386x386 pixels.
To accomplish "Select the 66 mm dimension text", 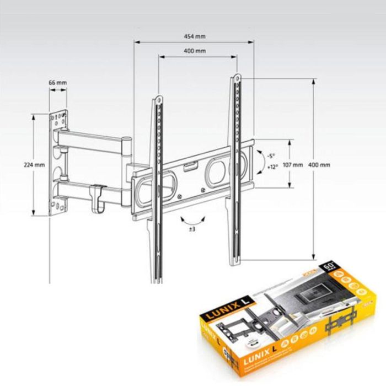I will (58, 83).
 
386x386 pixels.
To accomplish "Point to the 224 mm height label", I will (34, 164).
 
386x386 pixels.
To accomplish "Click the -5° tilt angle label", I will (270, 156).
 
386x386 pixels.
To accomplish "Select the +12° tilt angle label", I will (271, 167).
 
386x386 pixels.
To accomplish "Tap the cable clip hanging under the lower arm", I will (98, 197).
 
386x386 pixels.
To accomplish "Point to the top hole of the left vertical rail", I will (158, 100).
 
